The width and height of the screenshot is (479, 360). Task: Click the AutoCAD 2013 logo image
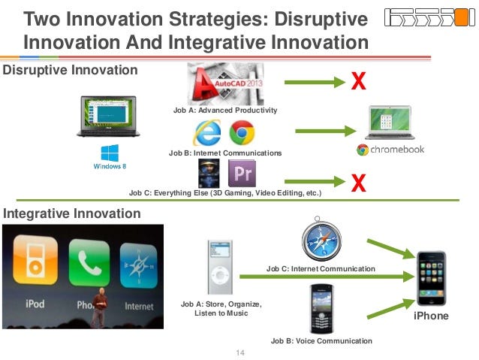[x=225, y=84]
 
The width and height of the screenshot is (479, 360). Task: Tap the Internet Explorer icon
[x=207, y=133]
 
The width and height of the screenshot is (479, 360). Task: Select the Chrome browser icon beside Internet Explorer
[x=242, y=132]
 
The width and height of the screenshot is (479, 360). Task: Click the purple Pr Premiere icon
[x=243, y=173]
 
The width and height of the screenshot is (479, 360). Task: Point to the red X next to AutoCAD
[x=358, y=80]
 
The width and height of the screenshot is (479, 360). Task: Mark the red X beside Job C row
[x=358, y=183]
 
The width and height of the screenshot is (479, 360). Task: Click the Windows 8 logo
[x=110, y=157]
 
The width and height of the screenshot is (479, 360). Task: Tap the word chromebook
[x=397, y=150]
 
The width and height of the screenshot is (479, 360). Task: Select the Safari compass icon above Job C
[x=321, y=239]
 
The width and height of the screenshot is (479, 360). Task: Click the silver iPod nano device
[x=220, y=267]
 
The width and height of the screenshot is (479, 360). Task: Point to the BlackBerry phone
[x=321, y=309]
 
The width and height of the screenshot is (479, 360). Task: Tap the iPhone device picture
[x=432, y=278]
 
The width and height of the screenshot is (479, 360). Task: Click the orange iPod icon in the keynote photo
[x=35, y=260]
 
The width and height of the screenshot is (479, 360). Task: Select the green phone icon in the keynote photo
[x=89, y=263]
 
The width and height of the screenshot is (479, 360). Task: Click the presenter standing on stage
[x=99, y=307]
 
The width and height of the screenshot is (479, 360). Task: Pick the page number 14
[x=240, y=352]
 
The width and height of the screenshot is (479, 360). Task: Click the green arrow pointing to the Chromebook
[x=326, y=132]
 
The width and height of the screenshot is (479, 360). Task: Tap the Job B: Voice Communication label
[x=321, y=341]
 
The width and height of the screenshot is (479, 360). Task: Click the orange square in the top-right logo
[x=461, y=17]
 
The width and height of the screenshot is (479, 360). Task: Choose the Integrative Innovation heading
[x=72, y=213]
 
